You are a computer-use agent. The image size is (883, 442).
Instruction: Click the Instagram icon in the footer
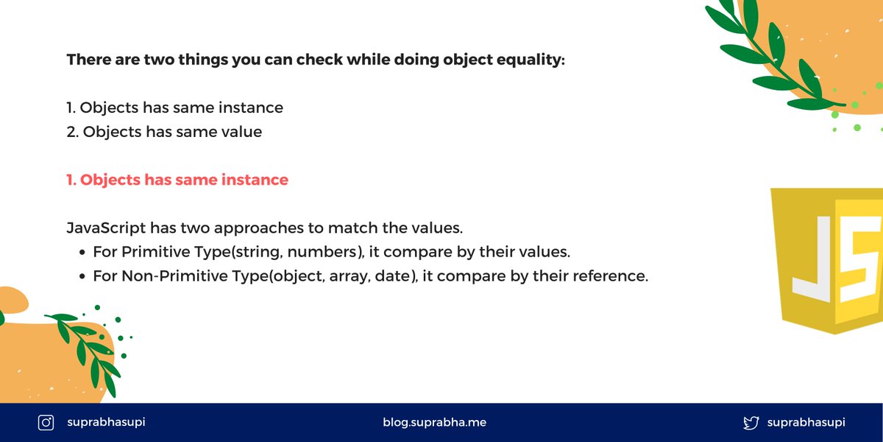[x=46, y=423]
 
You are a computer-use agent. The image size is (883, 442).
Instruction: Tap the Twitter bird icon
[x=751, y=423]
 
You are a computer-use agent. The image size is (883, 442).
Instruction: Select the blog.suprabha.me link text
[x=434, y=422]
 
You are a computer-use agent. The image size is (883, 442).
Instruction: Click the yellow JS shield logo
[x=827, y=261]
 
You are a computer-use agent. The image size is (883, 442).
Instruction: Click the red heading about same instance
[x=177, y=180]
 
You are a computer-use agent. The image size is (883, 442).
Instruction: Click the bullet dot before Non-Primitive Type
[x=82, y=276]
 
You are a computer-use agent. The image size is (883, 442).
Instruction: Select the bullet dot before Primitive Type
[x=82, y=252]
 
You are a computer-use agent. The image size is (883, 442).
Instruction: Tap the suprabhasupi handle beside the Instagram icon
[x=106, y=422]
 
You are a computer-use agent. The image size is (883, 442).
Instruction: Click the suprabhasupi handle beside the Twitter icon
[x=806, y=423]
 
